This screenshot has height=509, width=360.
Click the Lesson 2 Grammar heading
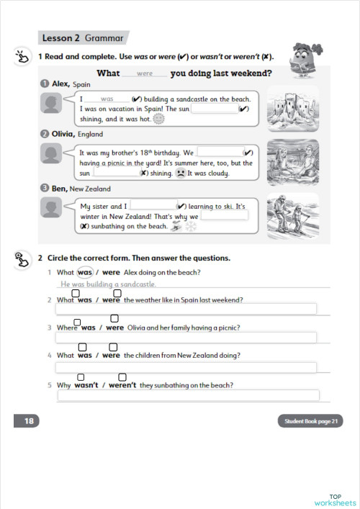pos(82,37)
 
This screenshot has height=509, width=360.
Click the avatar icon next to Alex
pos(51,104)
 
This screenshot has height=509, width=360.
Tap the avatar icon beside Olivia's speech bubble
pos(51,153)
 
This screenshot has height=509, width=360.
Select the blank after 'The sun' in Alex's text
pos(214,109)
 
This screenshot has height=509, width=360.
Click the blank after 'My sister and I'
pos(153,205)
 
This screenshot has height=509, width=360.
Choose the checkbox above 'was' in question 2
pos(76,293)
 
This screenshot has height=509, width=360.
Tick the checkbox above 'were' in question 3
pos(114,319)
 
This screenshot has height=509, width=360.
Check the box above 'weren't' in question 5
pos(122,377)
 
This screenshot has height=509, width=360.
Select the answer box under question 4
pos(186,367)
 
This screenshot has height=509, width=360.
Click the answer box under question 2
pos(186,309)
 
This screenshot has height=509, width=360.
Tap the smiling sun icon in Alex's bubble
pos(159,119)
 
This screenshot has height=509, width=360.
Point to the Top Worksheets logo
pos(335,500)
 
